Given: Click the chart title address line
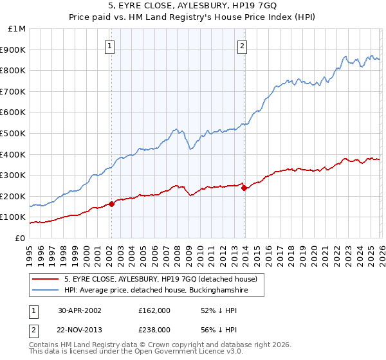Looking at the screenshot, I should (193, 6).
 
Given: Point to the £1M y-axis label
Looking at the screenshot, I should (17, 29).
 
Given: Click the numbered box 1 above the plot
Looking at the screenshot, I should (111, 46).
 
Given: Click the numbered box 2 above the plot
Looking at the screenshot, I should (243, 46).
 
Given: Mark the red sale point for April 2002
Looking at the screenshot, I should (111, 204).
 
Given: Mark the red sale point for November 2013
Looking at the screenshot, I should (243, 188).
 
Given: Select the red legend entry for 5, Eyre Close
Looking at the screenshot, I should (161, 279).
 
